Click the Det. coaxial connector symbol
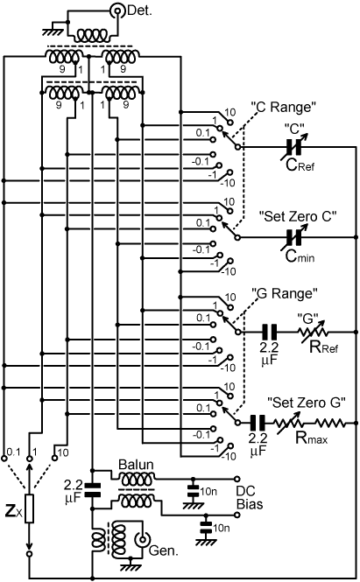coord(117,11)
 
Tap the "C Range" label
coord(284,108)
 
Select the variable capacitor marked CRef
coord(293,147)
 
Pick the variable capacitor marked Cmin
coord(293,237)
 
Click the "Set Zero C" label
coord(299,216)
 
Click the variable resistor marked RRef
coord(313,332)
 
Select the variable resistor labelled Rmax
coord(289,423)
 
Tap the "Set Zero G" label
coord(307,403)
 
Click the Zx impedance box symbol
coord(30,508)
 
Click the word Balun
coord(136,465)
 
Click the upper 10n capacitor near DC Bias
coord(193,491)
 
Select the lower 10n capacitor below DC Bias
coord(206,527)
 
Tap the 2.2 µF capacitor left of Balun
coord(93,489)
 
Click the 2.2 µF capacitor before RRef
coord(270,332)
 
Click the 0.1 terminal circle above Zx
coord(4,459)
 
